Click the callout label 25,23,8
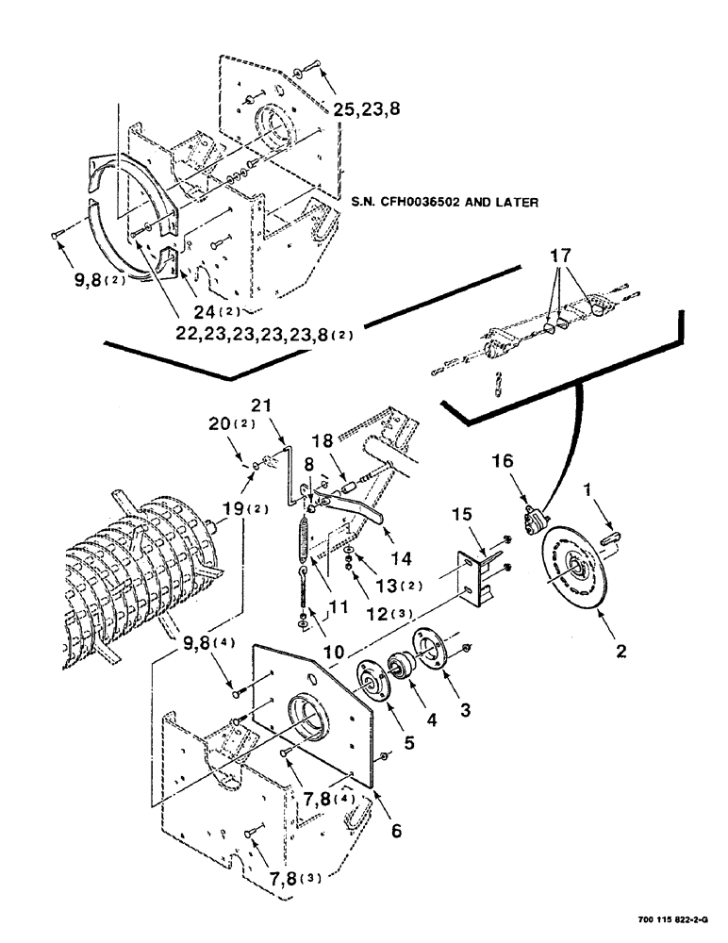367,108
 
